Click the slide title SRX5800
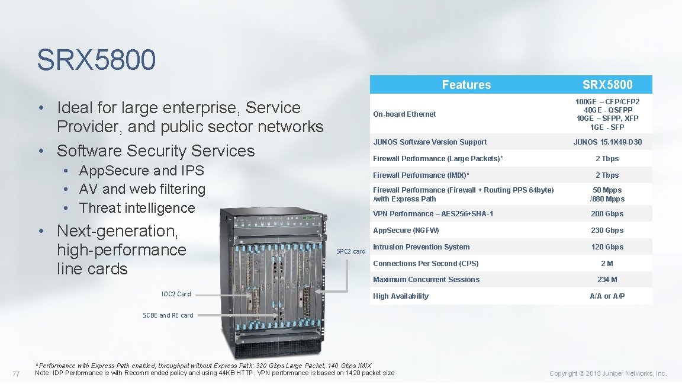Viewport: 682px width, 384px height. (96, 59)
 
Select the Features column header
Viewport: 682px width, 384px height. (466, 85)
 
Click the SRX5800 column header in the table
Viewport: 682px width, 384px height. (607, 85)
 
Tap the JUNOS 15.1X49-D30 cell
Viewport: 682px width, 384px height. (607, 142)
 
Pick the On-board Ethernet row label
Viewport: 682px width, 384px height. (404, 114)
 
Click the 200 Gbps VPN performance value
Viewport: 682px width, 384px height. (607, 214)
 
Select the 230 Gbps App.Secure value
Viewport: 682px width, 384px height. (607, 231)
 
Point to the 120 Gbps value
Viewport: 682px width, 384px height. (607, 247)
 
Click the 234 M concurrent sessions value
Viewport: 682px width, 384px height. (607, 280)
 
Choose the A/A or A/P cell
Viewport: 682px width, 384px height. (607, 296)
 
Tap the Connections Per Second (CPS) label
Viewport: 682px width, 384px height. (426, 264)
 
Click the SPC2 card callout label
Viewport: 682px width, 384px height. (351, 251)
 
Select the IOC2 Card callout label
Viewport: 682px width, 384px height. (176, 294)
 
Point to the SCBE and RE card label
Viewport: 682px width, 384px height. (168, 315)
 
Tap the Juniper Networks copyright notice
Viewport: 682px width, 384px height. (608, 373)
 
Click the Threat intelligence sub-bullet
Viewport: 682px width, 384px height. (137, 208)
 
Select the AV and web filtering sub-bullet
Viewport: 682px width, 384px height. (142, 189)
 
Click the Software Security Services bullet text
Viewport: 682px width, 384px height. (156, 151)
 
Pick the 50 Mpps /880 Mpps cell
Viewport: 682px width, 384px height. (607, 194)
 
